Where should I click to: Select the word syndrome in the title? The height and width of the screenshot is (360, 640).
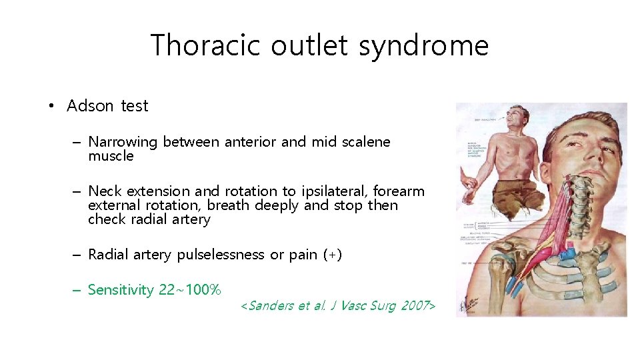(423, 46)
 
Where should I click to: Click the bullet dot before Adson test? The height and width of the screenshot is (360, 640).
(51, 107)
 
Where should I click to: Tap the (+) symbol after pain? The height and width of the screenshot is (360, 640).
(331, 255)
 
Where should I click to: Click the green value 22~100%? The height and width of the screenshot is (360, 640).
(190, 290)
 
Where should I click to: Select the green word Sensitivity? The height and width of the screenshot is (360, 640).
(121, 290)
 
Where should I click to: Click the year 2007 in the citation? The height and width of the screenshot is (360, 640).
(415, 306)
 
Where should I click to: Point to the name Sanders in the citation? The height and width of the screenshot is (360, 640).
(271, 306)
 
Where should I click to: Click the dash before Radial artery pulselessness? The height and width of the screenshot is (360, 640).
(77, 255)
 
